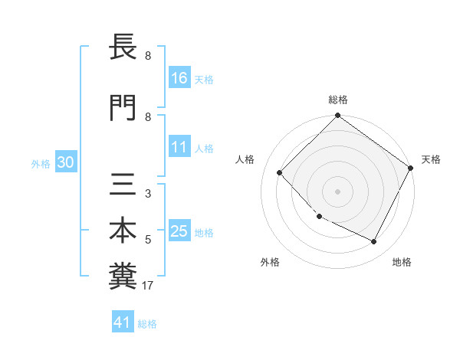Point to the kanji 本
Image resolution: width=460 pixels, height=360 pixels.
click(123, 231)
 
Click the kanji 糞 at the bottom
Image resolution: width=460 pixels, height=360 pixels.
click(123, 277)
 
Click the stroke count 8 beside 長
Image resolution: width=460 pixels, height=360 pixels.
click(147, 56)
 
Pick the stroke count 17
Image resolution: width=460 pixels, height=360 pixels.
click(149, 286)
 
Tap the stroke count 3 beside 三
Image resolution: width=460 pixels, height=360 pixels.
click(147, 194)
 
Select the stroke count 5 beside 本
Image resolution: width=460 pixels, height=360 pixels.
click(147, 240)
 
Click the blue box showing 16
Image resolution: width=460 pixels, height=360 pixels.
click(179, 77)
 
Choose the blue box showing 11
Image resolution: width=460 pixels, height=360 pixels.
click(179, 147)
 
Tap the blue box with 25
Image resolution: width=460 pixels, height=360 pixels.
click(179, 232)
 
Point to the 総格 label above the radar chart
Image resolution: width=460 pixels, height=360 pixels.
click(338, 100)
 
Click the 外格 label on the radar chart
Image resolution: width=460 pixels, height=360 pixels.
click(270, 262)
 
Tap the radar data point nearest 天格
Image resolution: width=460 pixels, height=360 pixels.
click(411, 169)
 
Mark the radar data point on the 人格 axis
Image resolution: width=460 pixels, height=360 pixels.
click(280, 172)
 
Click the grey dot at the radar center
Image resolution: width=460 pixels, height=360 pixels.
click(337, 191)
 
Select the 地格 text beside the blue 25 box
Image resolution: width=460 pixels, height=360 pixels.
click(204, 233)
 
